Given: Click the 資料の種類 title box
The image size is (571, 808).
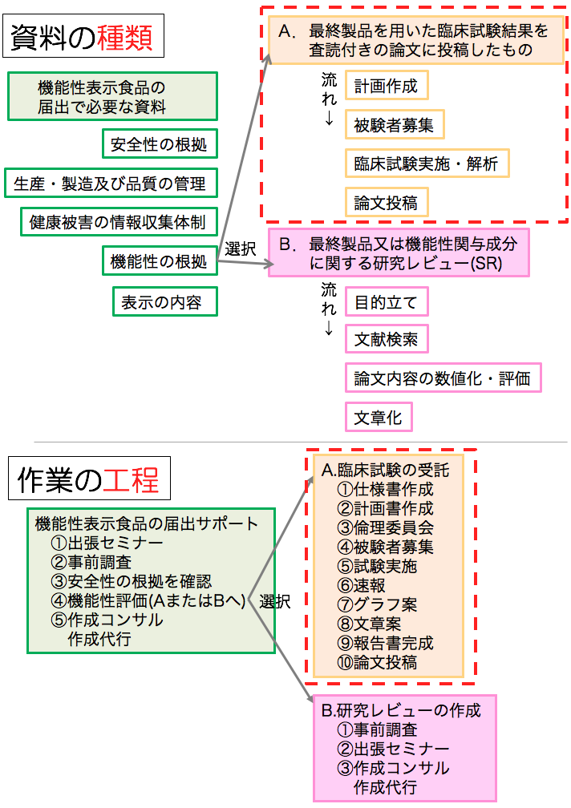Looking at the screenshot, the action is point(83,35).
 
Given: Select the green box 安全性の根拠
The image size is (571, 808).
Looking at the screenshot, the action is point(160,143).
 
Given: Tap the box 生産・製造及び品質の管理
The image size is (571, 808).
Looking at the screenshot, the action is point(111,183).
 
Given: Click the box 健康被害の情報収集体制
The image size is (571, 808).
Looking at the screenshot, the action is point(119,222).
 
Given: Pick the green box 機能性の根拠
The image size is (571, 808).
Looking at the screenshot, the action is point(160,261).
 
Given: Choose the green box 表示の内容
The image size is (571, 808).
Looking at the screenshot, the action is point(165,301).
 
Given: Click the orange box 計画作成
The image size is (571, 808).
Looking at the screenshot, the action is point(387,86).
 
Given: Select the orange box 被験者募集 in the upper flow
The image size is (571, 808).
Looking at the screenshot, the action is point(395,125).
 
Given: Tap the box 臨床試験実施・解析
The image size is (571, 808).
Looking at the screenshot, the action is point(427,164).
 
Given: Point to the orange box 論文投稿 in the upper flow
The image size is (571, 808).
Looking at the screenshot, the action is point(387,203).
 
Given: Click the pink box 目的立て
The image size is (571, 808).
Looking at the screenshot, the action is point(387,301).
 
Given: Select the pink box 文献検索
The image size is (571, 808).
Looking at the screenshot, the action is point(387,338).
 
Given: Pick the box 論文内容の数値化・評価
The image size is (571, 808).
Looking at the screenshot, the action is point(443,378).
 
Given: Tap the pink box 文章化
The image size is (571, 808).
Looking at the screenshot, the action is point(379,417).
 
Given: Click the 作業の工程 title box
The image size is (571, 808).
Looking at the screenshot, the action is point(89,479).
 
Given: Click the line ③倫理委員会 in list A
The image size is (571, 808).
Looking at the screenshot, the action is point(386,527).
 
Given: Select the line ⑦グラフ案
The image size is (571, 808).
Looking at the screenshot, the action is point(377,604).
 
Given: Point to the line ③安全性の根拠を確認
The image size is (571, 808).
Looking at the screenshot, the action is point(132,581).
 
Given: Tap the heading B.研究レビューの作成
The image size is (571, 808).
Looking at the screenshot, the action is point(401,710).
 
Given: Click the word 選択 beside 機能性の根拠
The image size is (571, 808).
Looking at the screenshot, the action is point(240,248).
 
